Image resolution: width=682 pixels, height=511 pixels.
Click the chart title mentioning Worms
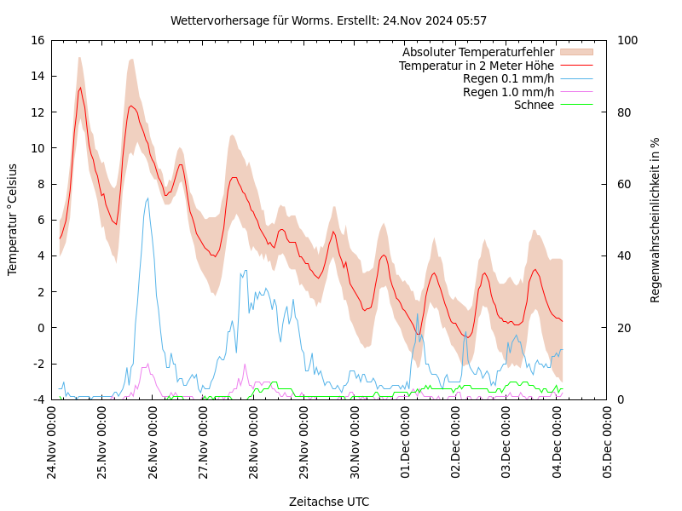tap(328, 20)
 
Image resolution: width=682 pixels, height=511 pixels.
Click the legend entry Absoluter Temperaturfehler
tap(477, 52)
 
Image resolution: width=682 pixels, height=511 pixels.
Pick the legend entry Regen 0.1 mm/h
tap(508, 78)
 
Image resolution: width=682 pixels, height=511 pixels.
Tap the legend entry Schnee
tap(534, 105)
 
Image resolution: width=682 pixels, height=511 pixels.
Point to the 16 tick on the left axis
tap(37, 40)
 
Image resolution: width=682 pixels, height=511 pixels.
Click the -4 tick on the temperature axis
tap(39, 399)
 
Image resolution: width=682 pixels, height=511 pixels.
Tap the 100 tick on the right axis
tap(627, 40)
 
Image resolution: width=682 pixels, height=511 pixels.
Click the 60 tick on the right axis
tap(623, 184)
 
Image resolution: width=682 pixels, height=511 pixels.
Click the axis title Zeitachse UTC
tap(329, 502)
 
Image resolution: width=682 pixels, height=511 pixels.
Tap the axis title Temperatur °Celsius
tap(13, 219)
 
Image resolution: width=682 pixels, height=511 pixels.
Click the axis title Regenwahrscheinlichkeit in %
tap(656, 220)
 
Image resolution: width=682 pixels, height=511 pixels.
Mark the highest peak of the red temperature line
tap(81, 87)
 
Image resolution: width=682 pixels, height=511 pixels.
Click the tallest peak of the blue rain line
tap(147, 198)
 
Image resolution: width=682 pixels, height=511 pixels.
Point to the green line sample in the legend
tap(576, 105)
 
